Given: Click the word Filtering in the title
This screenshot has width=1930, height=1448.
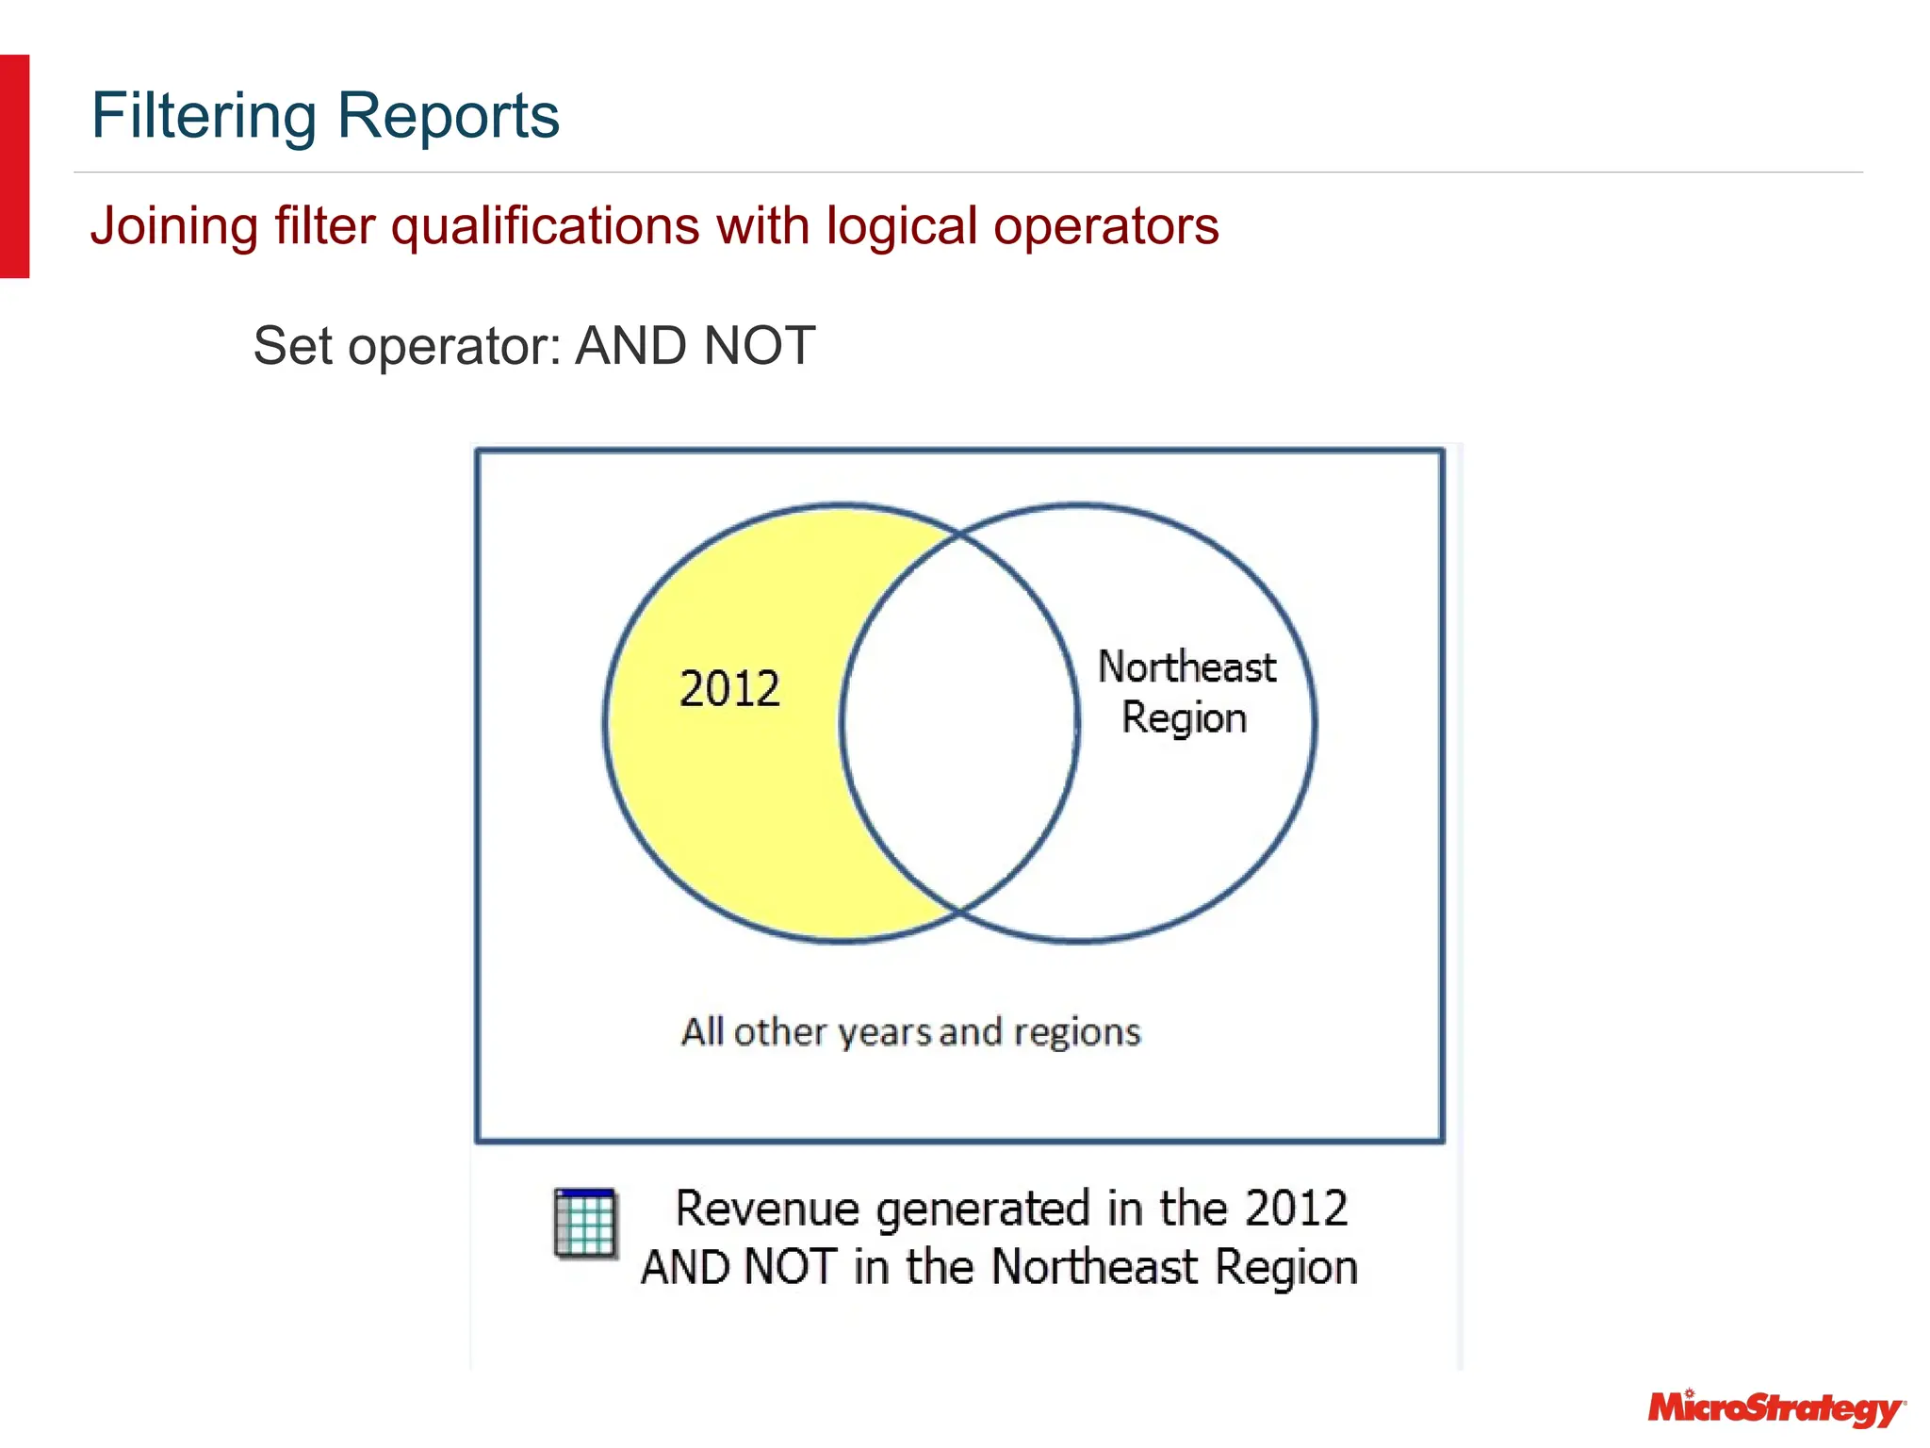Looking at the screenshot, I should click(x=204, y=117).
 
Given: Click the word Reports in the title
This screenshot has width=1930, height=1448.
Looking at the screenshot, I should click(x=448, y=117).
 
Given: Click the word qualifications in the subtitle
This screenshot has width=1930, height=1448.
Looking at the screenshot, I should click(x=545, y=227).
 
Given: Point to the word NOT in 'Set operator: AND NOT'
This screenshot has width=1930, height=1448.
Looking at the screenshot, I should click(x=760, y=346).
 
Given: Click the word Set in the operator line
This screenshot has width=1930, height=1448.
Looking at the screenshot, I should click(x=292, y=346).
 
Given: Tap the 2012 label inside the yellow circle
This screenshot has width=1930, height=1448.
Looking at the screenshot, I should click(x=729, y=689).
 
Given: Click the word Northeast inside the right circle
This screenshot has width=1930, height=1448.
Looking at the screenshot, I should click(x=1186, y=667).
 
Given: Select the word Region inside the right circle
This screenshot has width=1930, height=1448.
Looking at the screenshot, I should click(x=1184, y=718).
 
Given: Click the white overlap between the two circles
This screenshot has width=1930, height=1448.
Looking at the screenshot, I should click(x=959, y=723).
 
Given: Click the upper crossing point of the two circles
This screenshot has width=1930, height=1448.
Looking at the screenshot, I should click(x=959, y=535).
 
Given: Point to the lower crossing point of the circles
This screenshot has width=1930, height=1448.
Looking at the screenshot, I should click(x=959, y=912).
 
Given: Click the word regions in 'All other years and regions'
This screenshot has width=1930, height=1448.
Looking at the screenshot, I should click(x=1077, y=1033).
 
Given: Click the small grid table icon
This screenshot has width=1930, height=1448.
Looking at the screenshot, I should click(x=585, y=1223).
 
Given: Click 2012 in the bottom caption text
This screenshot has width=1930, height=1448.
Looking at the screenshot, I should click(x=1296, y=1209).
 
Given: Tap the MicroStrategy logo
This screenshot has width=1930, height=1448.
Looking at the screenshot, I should click(x=1775, y=1408).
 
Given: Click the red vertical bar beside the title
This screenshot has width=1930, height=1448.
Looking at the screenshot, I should click(x=14, y=166).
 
